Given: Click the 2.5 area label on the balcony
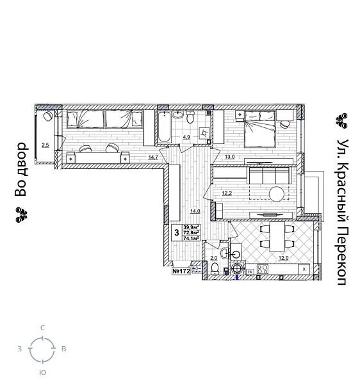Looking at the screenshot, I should tap(45, 145).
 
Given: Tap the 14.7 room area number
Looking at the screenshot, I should tap(153, 157).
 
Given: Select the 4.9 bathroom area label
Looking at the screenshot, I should tap(186, 137).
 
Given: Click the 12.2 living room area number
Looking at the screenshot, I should tap(227, 193).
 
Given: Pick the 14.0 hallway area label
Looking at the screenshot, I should tap(195, 211).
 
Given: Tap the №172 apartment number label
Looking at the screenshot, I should tap(181, 271).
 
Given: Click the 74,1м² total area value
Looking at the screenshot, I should tap(192, 237).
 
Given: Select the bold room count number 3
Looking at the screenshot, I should tap(176, 232).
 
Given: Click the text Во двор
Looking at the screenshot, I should tap(21, 169).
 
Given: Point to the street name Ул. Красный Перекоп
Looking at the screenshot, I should tap(343, 212).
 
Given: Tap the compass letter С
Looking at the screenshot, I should tap(43, 328).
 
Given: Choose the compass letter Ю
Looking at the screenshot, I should tap(43, 372).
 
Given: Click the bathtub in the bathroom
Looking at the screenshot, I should tap(164, 128).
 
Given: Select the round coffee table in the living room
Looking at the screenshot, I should tap(277, 193).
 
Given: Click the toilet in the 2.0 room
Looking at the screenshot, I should tap(216, 267).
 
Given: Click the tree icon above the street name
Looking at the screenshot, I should tap(342, 120).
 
